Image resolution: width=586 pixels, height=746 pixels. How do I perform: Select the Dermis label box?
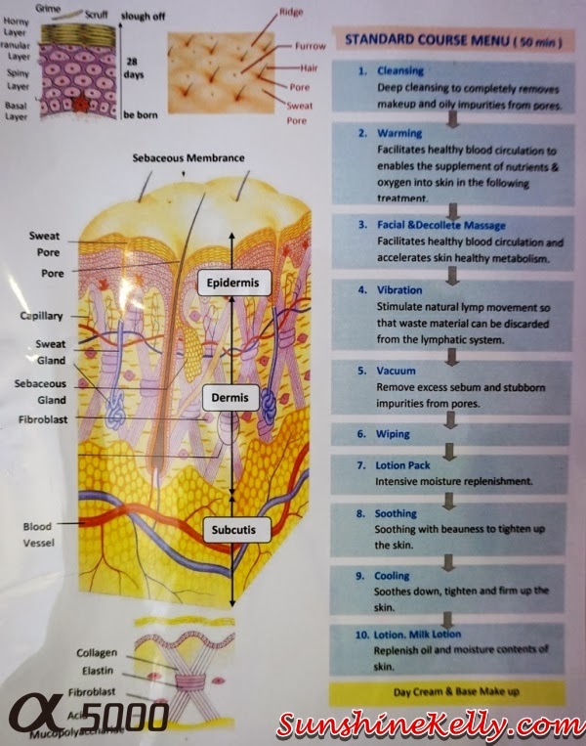228,398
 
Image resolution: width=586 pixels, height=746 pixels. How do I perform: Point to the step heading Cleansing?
400,71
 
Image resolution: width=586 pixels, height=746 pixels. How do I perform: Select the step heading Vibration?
399,290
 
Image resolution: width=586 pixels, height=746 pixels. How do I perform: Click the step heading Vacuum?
396,372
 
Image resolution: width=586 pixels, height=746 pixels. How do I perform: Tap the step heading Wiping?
394,434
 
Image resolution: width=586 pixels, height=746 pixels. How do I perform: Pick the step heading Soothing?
396,513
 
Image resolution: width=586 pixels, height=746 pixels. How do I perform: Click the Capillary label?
42,316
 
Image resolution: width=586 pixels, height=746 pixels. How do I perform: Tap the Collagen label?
99,652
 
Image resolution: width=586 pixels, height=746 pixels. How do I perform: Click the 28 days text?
135,67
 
